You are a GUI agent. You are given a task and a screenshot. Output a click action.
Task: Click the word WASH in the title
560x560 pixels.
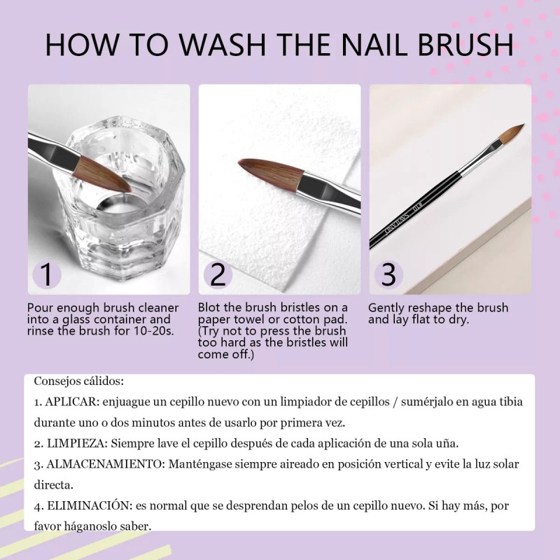tap(222, 45)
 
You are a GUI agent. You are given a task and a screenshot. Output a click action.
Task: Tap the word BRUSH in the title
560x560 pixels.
tap(465, 45)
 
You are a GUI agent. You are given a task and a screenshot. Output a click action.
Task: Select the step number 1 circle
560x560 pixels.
tap(47, 274)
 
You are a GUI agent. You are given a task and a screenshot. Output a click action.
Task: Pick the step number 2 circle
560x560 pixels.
tap(218, 274)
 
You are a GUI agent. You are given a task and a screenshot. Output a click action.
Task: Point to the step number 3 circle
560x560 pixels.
tap(388, 274)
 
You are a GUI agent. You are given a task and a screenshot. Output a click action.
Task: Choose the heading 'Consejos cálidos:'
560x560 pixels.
tap(78, 381)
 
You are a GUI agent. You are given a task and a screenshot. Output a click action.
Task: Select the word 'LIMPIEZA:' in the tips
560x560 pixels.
tap(77, 444)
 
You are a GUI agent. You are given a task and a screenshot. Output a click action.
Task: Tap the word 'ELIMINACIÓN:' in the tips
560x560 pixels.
tap(90, 505)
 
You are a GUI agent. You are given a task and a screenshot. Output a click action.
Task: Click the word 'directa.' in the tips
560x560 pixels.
tap(54, 485)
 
